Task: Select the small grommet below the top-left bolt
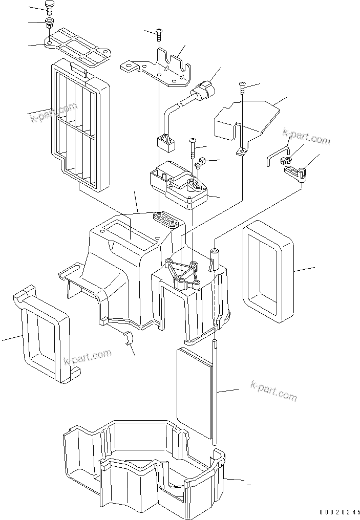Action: (50, 23)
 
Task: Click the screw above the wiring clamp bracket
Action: (159, 33)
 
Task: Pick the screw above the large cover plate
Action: (241, 88)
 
